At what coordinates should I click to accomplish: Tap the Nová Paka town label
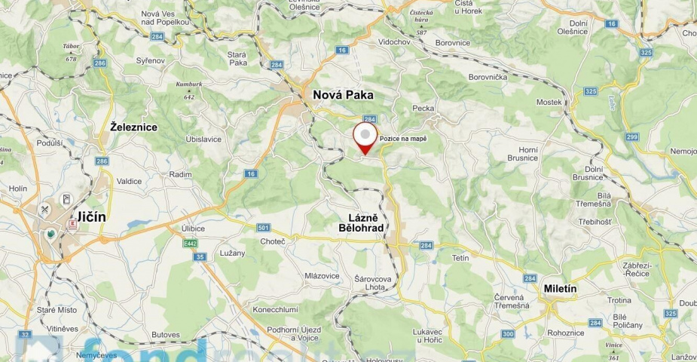click(x=343, y=95)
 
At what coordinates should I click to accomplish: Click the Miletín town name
click(x=561, y=288)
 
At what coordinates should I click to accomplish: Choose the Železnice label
click(x=133, y=127)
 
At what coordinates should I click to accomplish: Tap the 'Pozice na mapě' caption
click(x=403, y=139)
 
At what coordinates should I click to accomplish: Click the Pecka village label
click(x=423, y=109)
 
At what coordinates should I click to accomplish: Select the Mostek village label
click(x=549, y=102)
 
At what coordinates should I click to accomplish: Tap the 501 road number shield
click(x=263, y=228)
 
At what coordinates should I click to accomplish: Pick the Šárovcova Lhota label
click(x=374, y=284)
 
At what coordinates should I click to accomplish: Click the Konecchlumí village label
click(x=275, y=309)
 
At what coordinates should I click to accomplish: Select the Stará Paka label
click(x=237, y=59)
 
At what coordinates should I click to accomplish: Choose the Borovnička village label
click(x=488, y=77)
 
